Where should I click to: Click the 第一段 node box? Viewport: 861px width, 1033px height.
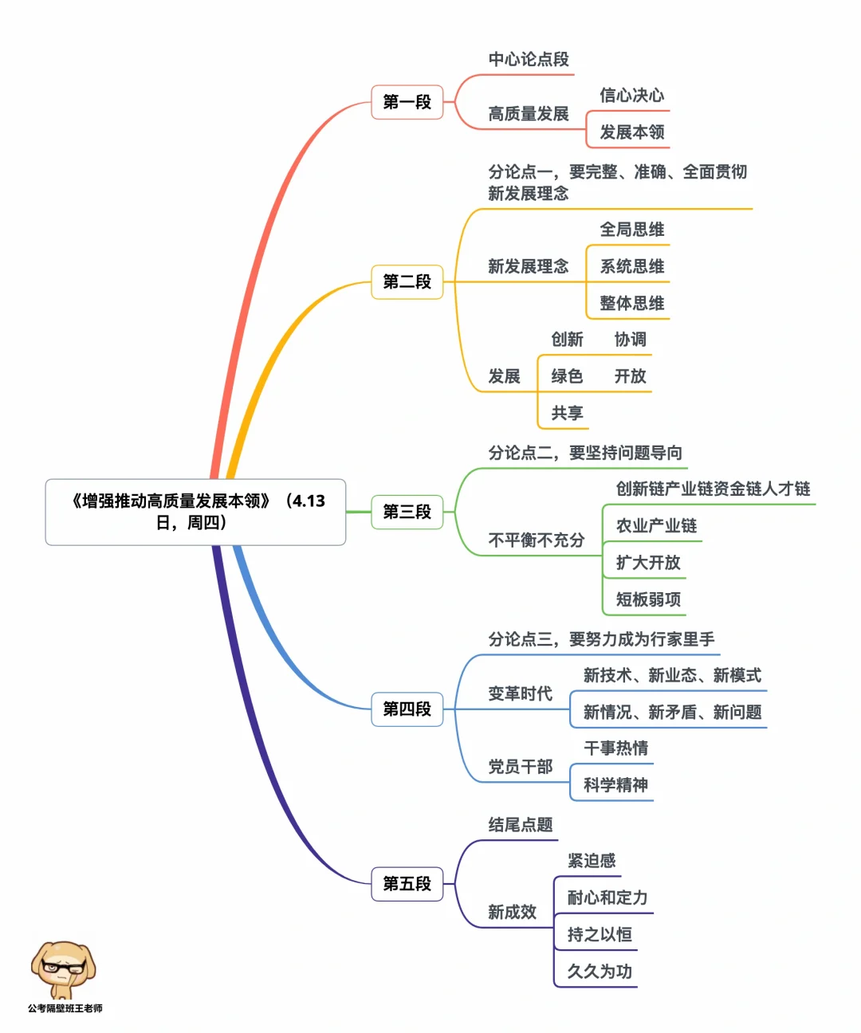point(407,102)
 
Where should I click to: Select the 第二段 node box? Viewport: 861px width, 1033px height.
point(407,281)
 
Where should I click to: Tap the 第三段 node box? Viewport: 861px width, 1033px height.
point(407,512)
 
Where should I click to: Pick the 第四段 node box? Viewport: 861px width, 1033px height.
point(407,709)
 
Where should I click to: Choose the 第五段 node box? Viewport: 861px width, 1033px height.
point(407,883)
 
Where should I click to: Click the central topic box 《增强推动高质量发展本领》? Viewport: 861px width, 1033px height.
point(195,512)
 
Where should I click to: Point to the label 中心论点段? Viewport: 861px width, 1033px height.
point(529,60)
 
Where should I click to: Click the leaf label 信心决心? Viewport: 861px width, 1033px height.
point(631,96)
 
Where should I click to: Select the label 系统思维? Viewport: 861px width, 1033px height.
point(631,266)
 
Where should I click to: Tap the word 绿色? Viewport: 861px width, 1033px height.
point(567,376)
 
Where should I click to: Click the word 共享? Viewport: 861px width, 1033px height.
point(567,413)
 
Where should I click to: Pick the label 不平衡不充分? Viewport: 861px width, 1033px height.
point(536,540)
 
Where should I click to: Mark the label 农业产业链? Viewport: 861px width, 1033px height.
point(656,526)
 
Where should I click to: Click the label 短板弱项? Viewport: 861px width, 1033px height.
point(648,599)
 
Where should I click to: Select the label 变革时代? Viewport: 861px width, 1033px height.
point(520,694)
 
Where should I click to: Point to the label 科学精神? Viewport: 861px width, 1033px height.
point(615,785)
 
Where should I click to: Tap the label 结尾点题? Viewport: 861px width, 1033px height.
point(520,825)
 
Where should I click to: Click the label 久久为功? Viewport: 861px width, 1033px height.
point(600,972)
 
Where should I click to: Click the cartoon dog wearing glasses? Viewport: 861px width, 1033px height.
point(64,968)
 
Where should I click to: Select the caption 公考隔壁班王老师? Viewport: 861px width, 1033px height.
point(65,1008)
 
